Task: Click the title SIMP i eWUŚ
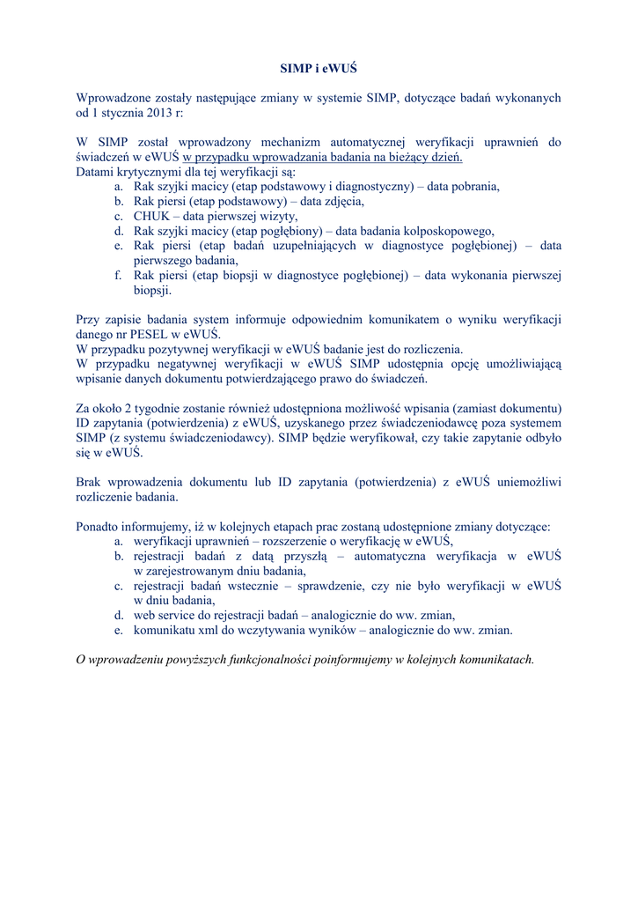pyautogui.click(x=319, y=68)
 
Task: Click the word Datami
pyautogui.click(x=96, y=172)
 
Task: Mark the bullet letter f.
pyautogui.click(x=117, y=276)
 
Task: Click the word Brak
pyautogui.click(x=89, y=483)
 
